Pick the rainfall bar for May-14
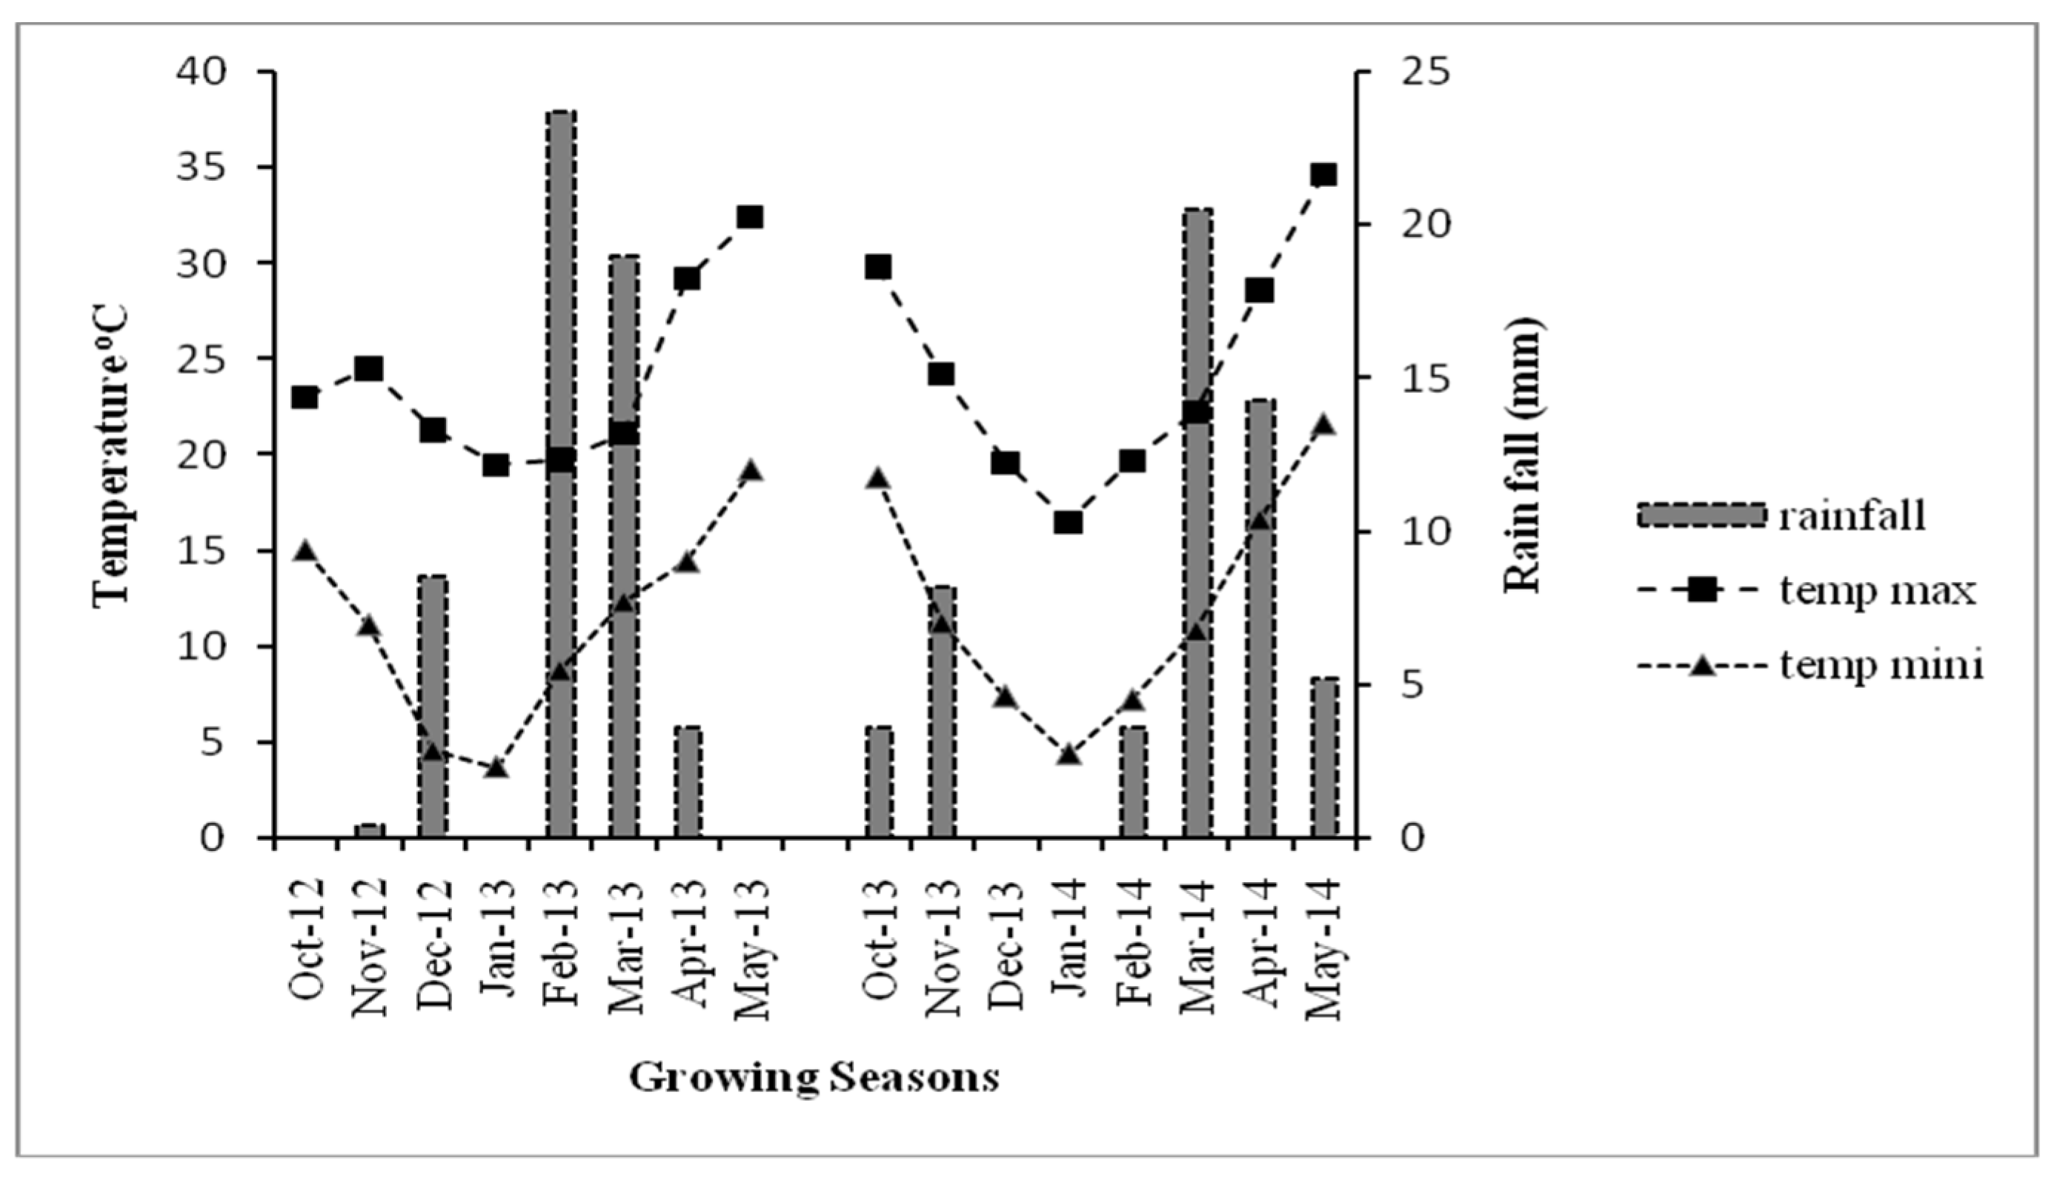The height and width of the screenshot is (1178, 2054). [1325, 756]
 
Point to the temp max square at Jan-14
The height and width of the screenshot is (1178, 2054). [1068, 523]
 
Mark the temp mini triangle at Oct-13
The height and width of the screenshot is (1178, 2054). [878, 478]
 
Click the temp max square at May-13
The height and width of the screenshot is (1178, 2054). [750, 216]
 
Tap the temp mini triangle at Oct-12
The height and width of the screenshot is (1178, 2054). [304, 551]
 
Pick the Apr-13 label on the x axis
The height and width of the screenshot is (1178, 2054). [688, 947]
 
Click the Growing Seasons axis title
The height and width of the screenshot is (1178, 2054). [814, 1078]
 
